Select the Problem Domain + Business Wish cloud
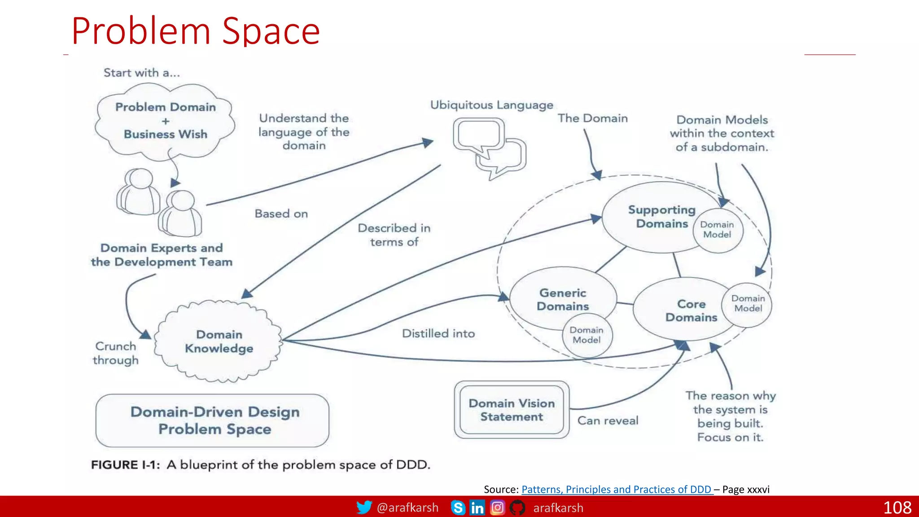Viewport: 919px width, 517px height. [x=165, y=120]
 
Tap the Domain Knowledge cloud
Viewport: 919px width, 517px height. [x=219, y=342]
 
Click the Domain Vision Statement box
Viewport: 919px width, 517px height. [x=512, y=410]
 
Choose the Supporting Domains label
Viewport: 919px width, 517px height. [x=662, y=217]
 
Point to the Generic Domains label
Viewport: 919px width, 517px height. [x=563, y=299]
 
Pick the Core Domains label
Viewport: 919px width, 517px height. [x=691, y=311]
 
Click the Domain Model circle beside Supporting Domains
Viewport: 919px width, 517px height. [x=717, y=230]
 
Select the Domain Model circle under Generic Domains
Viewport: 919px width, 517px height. [x=586, y=335]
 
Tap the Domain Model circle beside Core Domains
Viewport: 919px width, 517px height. [x=748, y=303]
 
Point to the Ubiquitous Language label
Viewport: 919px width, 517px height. [x=491, y=105]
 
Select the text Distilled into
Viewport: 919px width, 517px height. [x=438, y=333]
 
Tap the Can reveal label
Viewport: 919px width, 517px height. [x=608, y=421]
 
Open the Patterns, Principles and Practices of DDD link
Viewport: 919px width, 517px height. [x=616, y=489]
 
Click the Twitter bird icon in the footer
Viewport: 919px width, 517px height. [x=364, y=508]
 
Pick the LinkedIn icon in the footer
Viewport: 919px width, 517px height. [x=477, y=508]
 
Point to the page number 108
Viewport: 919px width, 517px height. [x=897, y=508]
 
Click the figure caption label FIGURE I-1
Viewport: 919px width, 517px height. [x=125, y=464]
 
